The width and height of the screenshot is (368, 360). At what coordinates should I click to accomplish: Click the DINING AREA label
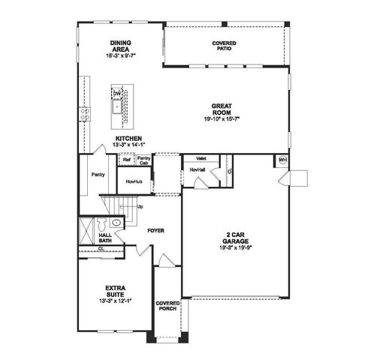click(120, 46)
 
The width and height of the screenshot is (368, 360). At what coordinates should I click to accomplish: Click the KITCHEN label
click(128, 138)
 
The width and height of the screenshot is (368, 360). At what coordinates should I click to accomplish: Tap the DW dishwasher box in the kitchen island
click(116, 93)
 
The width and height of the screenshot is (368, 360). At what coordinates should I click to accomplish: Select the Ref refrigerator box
click(127, 159)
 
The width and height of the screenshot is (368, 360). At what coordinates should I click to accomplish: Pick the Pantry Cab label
click(143, 160)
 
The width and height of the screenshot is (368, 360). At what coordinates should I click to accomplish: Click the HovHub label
click(134, 181)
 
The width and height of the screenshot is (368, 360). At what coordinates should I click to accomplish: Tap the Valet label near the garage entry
click(201, 159)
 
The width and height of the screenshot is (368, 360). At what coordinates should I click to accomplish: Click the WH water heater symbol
click(282, 160)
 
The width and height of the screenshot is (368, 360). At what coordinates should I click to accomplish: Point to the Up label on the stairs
click(140, 205)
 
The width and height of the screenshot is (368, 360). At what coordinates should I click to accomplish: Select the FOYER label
click(155, 230)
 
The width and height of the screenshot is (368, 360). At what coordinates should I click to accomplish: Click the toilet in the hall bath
click(116, 223)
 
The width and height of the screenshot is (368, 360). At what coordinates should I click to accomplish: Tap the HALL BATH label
click(105, 239)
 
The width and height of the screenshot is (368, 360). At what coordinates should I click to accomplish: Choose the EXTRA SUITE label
click(116, 290)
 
